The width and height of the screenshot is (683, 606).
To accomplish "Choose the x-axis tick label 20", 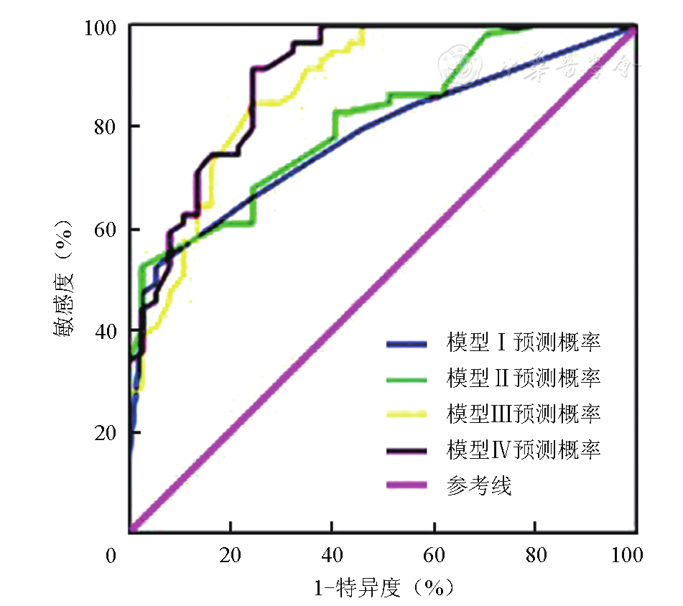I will (x=230, y=556).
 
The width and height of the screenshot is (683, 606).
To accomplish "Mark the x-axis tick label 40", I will (x=331, y=556).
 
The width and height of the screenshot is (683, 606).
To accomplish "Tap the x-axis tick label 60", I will (x=433, y=556).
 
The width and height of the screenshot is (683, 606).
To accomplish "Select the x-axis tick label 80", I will (x=534, y=556).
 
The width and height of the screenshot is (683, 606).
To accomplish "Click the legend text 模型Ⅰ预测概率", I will (x=523, y=342).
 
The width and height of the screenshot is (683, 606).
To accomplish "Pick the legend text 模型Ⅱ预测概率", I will (x=523, y=378).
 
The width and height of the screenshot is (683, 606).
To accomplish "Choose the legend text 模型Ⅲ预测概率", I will (x=523, y=414).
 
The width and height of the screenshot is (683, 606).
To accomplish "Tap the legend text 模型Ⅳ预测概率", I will (x=523, y=450).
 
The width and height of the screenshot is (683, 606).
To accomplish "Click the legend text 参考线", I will (x=478, y=486).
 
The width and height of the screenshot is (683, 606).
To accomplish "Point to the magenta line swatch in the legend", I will (x=406, y=486).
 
